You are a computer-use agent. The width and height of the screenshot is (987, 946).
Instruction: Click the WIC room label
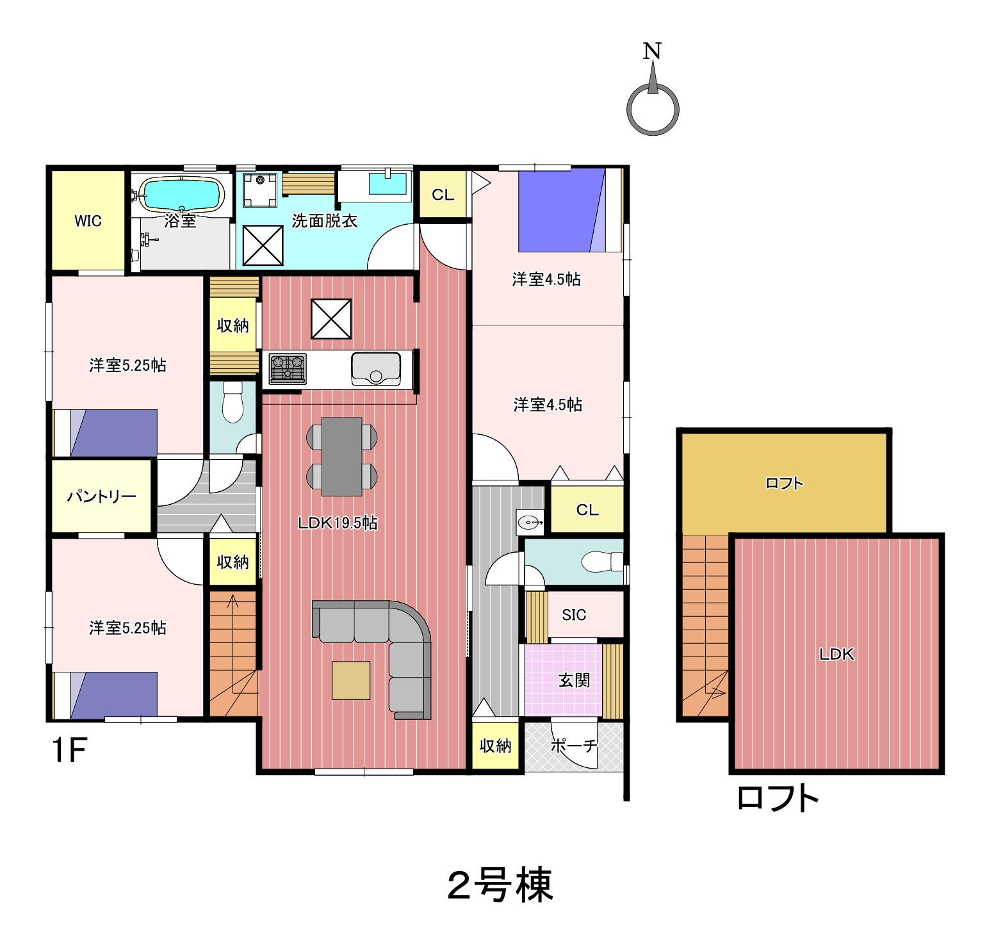[x=88, y=221]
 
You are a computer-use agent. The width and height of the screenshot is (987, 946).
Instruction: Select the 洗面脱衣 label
[x=324, y=221]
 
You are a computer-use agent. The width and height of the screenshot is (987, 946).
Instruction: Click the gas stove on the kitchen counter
[x=288, y=369]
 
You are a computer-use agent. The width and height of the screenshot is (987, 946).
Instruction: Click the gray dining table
[x=342, y=457]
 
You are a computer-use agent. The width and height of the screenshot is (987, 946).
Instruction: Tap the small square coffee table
[x=351, y=680]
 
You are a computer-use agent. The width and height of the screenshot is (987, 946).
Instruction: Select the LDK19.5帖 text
[x=338, y=523]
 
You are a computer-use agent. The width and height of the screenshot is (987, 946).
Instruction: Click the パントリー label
[x=102, y=496]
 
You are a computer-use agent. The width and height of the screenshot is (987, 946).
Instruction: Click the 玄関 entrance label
[x=574, y=680]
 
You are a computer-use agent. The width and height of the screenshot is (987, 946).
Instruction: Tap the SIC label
[x=574, y=615]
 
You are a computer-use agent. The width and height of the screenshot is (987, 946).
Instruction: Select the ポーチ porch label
[x=574, y=746]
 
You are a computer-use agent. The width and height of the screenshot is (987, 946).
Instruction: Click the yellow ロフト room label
[x=784, y=484]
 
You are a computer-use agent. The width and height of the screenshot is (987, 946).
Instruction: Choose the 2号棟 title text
[x=500, y=886]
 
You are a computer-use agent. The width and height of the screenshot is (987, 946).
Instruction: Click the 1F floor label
[x=69, y=750]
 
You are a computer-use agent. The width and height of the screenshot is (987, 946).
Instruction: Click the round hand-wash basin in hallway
[x=530, y=523]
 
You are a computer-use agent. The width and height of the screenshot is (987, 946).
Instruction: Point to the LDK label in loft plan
[x=836, y=654]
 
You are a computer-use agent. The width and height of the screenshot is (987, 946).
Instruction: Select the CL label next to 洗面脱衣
[x=443, y=195]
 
